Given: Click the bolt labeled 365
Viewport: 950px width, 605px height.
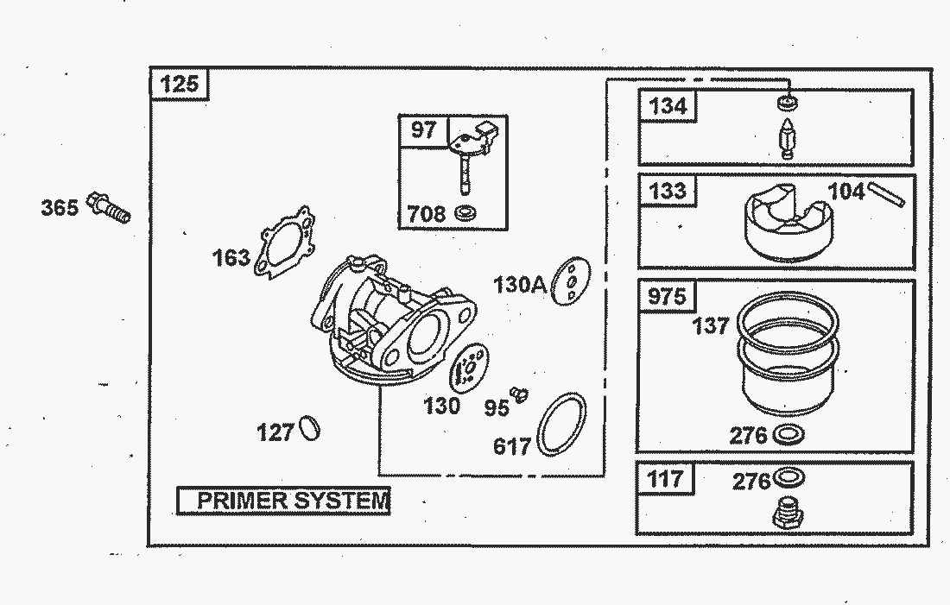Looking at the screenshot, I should point(111,208).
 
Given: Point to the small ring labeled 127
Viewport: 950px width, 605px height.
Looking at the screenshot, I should point(309,427).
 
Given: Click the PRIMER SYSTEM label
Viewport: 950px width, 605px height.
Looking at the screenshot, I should point(283,501).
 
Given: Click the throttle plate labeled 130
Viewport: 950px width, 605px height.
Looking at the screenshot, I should point(469,370).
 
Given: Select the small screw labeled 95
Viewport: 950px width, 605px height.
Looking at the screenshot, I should point(518,394).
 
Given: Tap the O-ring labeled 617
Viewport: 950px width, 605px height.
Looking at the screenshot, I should point(562,424).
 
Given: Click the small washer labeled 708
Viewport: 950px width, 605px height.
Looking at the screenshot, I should point(466,212).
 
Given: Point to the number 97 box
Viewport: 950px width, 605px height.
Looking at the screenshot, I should point(423,130).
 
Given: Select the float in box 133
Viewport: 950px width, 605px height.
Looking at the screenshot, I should point(783,223).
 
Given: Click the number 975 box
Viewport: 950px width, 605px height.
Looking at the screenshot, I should point(666,296).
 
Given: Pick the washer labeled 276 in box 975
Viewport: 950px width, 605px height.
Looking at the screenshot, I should point(788,434).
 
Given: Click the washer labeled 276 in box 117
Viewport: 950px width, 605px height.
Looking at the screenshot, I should point(788,477).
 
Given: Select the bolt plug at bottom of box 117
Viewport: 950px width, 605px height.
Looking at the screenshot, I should point(787,514).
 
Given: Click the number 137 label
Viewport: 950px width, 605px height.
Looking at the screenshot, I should point(711,325).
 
